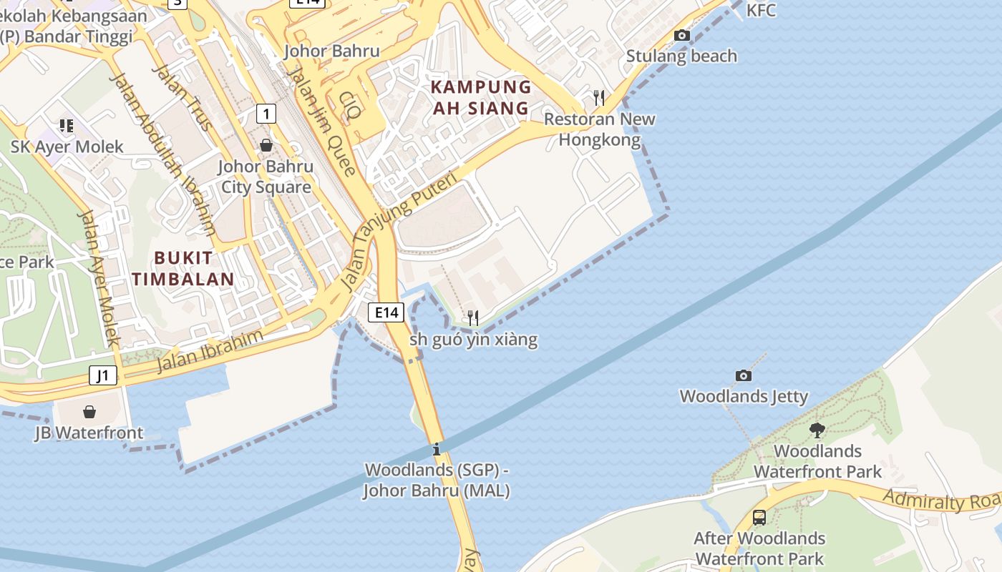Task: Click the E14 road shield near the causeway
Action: pyautogui.click(x=386, y=312)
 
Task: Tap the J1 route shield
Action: pyautogui.click(x=103, y=375)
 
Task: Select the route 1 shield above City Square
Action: pyautogui.click(x=266, y=113)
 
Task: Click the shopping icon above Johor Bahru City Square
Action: pyautogui.click(x=266, y=145)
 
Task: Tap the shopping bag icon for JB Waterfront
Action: pyautogui.click(x=89, y=412)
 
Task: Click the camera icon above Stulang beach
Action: pyautogui.click(x=682, y=35)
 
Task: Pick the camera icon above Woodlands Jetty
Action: pyautogui.click(x=744, y=375)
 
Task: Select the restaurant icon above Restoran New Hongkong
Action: pyautogui.click(x=599, y=97)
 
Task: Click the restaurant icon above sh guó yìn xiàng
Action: pyautogui.click(x=473, y=317)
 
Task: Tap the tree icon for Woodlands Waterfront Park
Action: pyautogui.click(x=817, y=430)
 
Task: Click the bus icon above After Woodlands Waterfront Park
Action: pyautogui.click(x=759, y=517)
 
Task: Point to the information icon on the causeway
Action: pyautogui.click(x=437, y=449)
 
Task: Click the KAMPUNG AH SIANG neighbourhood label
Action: pyautogui.click(x=481, y=98)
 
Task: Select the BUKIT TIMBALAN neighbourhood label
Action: pyautogui.click(x=183, y=268)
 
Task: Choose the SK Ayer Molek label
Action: pyautogui.click(x=67, y=147)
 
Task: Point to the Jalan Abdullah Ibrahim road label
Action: pyautogui.click(x=163, y=154)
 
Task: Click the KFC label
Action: pyautogui.click(x=761, y=10)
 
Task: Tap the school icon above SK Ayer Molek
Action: pyautogui.click(x=67, y=126)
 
